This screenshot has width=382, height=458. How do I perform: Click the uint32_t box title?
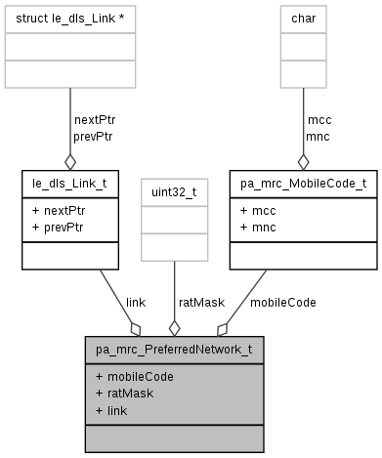click(174, 192)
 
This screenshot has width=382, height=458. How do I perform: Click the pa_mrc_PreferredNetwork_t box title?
click(174, 349)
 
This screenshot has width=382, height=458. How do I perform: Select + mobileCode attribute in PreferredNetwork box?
click(135, 376)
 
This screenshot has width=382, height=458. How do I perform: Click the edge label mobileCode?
click(282, 303)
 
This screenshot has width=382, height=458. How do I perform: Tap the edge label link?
click(136, 303)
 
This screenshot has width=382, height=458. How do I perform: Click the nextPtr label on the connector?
click(95, 120)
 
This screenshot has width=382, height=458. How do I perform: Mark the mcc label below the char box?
click(318, 120)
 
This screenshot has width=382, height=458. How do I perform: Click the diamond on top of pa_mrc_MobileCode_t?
click(303, 161)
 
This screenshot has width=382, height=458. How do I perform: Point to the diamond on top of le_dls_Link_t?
click(70, 161)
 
